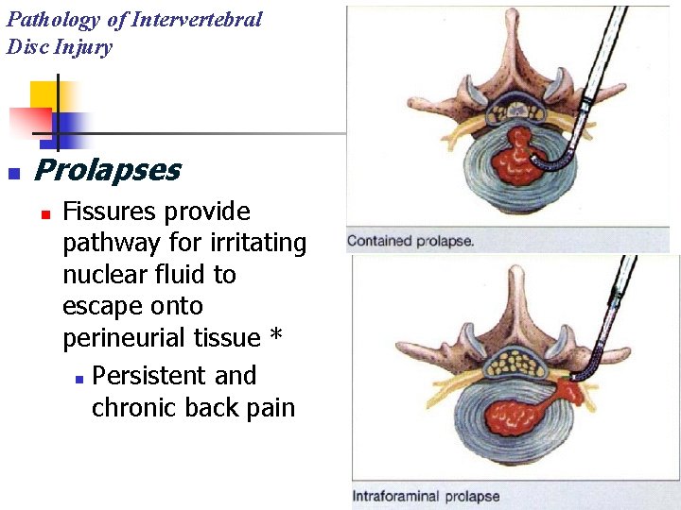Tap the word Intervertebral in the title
(196, 20)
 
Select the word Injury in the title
(83, 47)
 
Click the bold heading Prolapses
(107, 170)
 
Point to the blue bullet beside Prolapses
(13, 173)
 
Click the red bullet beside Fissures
(44, 213)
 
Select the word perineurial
(126, 338)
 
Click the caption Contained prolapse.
(410, 241)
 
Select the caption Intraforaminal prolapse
(426, 496)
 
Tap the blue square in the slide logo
(72, 125)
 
